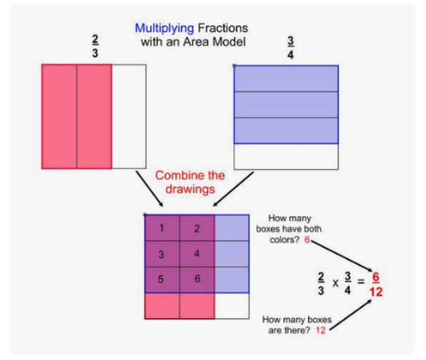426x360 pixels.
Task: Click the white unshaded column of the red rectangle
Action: [129, 116]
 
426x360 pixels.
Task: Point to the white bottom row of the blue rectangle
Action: [286, 156]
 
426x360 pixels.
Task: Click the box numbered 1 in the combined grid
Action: [162, 228]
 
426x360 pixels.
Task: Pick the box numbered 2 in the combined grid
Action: [197, 228]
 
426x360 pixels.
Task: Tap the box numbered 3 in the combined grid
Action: [162, 253]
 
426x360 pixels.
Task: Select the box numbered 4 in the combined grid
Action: [197, 253]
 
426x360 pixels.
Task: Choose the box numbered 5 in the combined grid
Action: [162, 279]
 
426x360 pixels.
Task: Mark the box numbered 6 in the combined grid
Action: [197, 279]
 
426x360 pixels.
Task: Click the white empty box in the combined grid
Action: [231, 305]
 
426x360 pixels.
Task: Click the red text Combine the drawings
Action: [190, 182]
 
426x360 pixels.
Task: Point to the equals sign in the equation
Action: [361, 282]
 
